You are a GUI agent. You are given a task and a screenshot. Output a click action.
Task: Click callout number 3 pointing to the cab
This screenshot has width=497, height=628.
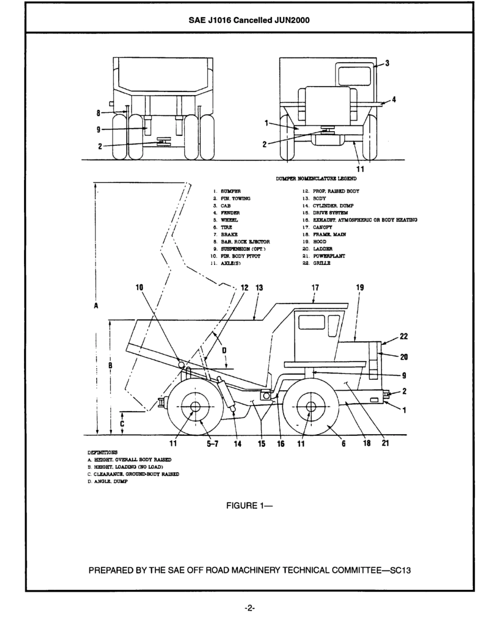[x=388, y=63]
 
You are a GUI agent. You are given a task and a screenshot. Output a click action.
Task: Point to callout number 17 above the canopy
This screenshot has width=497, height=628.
[x=315, y=287]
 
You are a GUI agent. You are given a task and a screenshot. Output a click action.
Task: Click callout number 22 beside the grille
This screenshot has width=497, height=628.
[x=403, y=336]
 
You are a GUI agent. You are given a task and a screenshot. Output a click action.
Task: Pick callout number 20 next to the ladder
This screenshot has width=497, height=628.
[x=403, y=357]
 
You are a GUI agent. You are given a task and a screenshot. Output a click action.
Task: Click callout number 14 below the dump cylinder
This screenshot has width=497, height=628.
[x=238, y=444]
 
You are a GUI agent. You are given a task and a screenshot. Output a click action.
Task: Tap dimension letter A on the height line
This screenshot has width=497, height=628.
[x=96, y=307]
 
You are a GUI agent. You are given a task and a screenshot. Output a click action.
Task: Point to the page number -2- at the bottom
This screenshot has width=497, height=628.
[x=249, y=608]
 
